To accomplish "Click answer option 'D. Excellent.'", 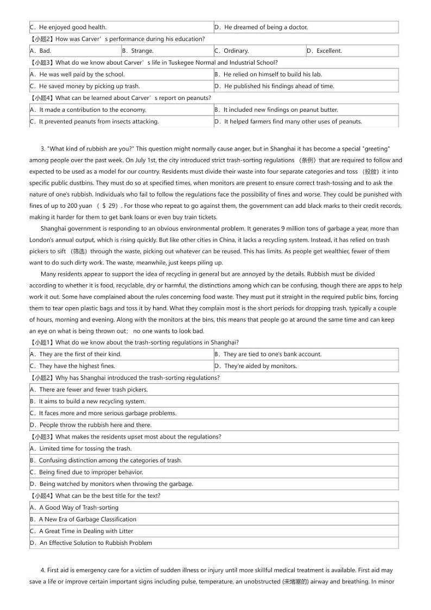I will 324,51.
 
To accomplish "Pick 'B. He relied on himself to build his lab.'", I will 272,74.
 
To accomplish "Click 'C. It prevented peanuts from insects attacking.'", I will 94,122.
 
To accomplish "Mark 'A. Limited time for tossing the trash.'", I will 81,449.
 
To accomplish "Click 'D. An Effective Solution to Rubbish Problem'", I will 91,543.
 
